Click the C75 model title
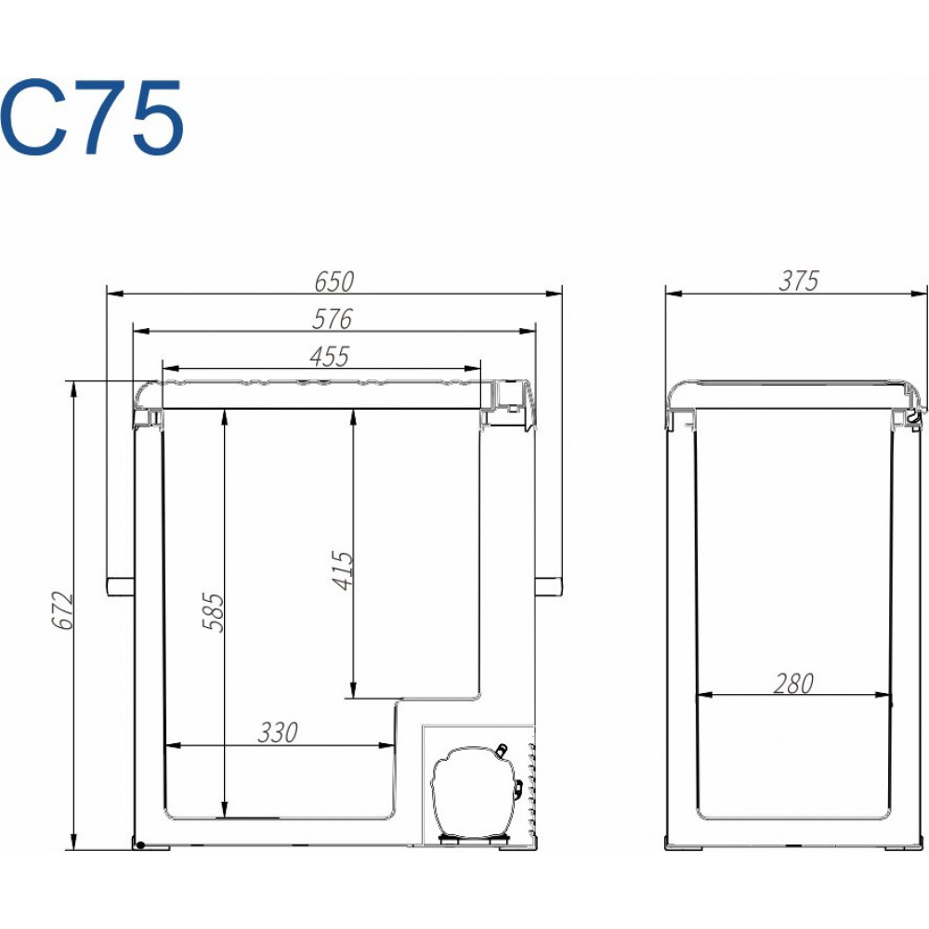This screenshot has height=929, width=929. [x=92, y=117]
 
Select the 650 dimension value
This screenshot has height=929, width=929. [x=334, y=281]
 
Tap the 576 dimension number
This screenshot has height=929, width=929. [x=333, y=320]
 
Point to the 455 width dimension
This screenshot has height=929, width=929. [x=330, y=357]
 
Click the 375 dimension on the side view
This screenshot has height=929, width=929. [x=799, y=281]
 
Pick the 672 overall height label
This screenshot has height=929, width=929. [x=62, y=609]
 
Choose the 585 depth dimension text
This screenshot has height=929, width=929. [x=214, y=612]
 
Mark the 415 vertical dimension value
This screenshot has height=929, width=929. [x=343, y=570]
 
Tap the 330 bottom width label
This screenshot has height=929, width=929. [x=277, y=733]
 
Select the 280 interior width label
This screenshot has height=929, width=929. [x=793, y=684]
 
